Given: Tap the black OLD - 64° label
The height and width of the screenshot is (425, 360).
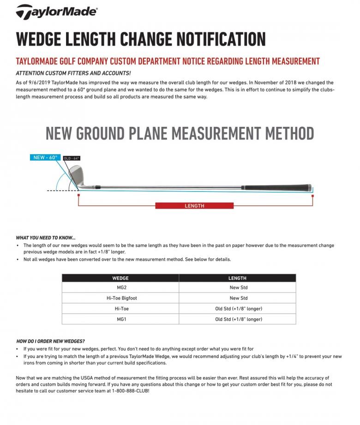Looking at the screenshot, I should [72, 158].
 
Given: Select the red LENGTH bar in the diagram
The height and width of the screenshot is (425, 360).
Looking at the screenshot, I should [194, 206].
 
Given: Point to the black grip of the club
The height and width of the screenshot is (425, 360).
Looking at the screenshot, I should [277, 188].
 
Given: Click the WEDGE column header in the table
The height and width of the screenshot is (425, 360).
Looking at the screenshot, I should [120, 278].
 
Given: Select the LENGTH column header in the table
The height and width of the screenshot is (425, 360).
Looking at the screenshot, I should [237, 278].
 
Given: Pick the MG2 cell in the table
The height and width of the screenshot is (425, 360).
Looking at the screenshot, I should [120, 287].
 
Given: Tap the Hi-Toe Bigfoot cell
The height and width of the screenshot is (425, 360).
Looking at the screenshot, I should [120, 298].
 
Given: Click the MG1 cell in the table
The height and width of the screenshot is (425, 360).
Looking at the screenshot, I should [120, 319].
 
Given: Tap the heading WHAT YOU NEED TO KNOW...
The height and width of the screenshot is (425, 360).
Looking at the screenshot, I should [46, 238].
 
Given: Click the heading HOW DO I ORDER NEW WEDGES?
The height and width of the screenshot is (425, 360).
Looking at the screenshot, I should [51, 341].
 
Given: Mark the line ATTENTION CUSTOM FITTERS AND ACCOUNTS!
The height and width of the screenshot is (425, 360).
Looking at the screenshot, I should [73, 73].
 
